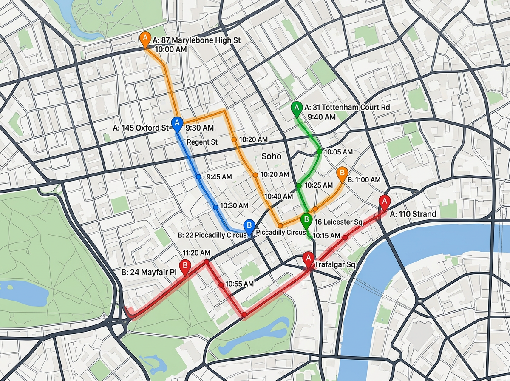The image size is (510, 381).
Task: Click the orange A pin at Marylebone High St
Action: point(145,39)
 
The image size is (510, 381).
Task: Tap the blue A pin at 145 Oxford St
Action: point(177,123)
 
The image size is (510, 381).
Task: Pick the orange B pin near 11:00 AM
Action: point(341,173)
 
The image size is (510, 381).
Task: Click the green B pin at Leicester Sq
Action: point(306,220)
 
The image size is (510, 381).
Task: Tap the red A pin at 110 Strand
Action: point(384,201)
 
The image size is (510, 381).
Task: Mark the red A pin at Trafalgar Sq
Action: point(308,258)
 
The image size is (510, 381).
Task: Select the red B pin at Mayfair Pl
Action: point(185,266)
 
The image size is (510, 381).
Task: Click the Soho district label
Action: point(271,156)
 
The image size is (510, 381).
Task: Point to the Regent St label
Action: point(202,142)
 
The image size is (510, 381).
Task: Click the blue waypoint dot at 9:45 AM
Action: point(198,176)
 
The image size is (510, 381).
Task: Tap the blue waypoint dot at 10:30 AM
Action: point(215,207)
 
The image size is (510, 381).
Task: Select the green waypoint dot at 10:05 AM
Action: point(320,151)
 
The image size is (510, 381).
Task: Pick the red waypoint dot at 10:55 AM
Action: point(221,284)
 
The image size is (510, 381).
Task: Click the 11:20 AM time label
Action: point(196,253)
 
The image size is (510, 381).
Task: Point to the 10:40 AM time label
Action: point(278,196)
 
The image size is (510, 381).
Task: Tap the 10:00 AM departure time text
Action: point(170,49)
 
